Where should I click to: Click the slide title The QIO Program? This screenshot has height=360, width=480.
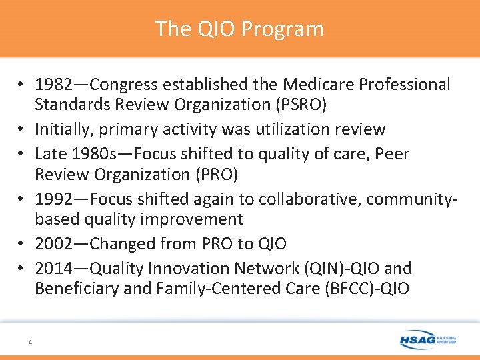[x=239, y=29]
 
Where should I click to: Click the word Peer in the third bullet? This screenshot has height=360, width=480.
[x=391, y=154]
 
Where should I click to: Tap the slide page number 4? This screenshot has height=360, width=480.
[x=30, y=343]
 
